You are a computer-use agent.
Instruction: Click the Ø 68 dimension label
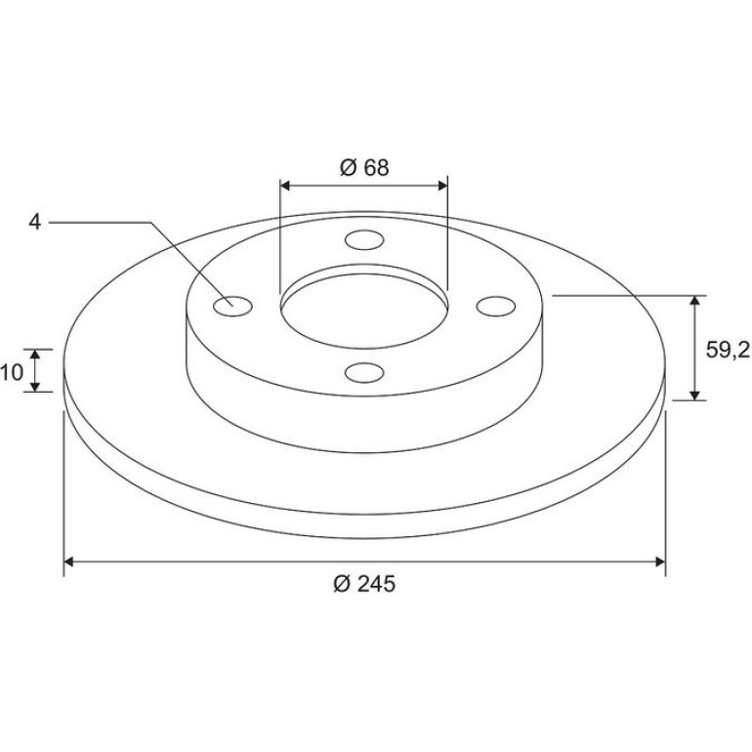[364, 167]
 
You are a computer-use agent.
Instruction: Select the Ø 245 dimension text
[364, 584]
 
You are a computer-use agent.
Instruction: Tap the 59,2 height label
[727, 350]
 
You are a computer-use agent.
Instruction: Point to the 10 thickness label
[12, 372]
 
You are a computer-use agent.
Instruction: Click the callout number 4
[34, 222]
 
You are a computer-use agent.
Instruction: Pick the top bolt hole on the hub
[364, 240]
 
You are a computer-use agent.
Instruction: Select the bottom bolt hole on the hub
[364, 373]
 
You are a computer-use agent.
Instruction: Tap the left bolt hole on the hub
[232, 307]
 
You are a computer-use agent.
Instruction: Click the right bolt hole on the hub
[496, 307]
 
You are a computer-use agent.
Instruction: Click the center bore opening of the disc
[364, 312]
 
